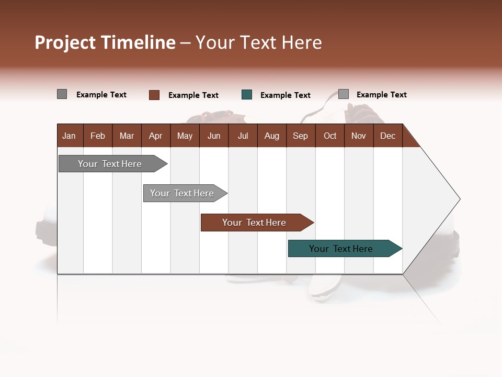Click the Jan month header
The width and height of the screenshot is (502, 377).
click(x=69, y=136)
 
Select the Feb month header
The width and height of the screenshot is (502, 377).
click(x=98, y=136)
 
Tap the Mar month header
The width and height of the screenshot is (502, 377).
click(x=127, y=136)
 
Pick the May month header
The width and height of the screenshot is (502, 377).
click(x=185, y=136)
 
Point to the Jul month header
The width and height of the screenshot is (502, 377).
click(x=243, y=136)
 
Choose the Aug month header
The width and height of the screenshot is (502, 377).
click(x=271, y=136)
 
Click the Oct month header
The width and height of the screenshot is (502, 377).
click(x=330, y=136)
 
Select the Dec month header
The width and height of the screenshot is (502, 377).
click(x=387, y=136)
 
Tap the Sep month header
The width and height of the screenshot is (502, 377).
click(x=300, y=136)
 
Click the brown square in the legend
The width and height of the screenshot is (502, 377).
click(x=154, y=95)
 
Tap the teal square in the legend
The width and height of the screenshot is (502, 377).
click(x=247, y=95)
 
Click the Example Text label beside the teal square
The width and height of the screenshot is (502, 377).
click(x=285, y=95)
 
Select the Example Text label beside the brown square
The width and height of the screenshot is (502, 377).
click(x=193, y=95)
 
